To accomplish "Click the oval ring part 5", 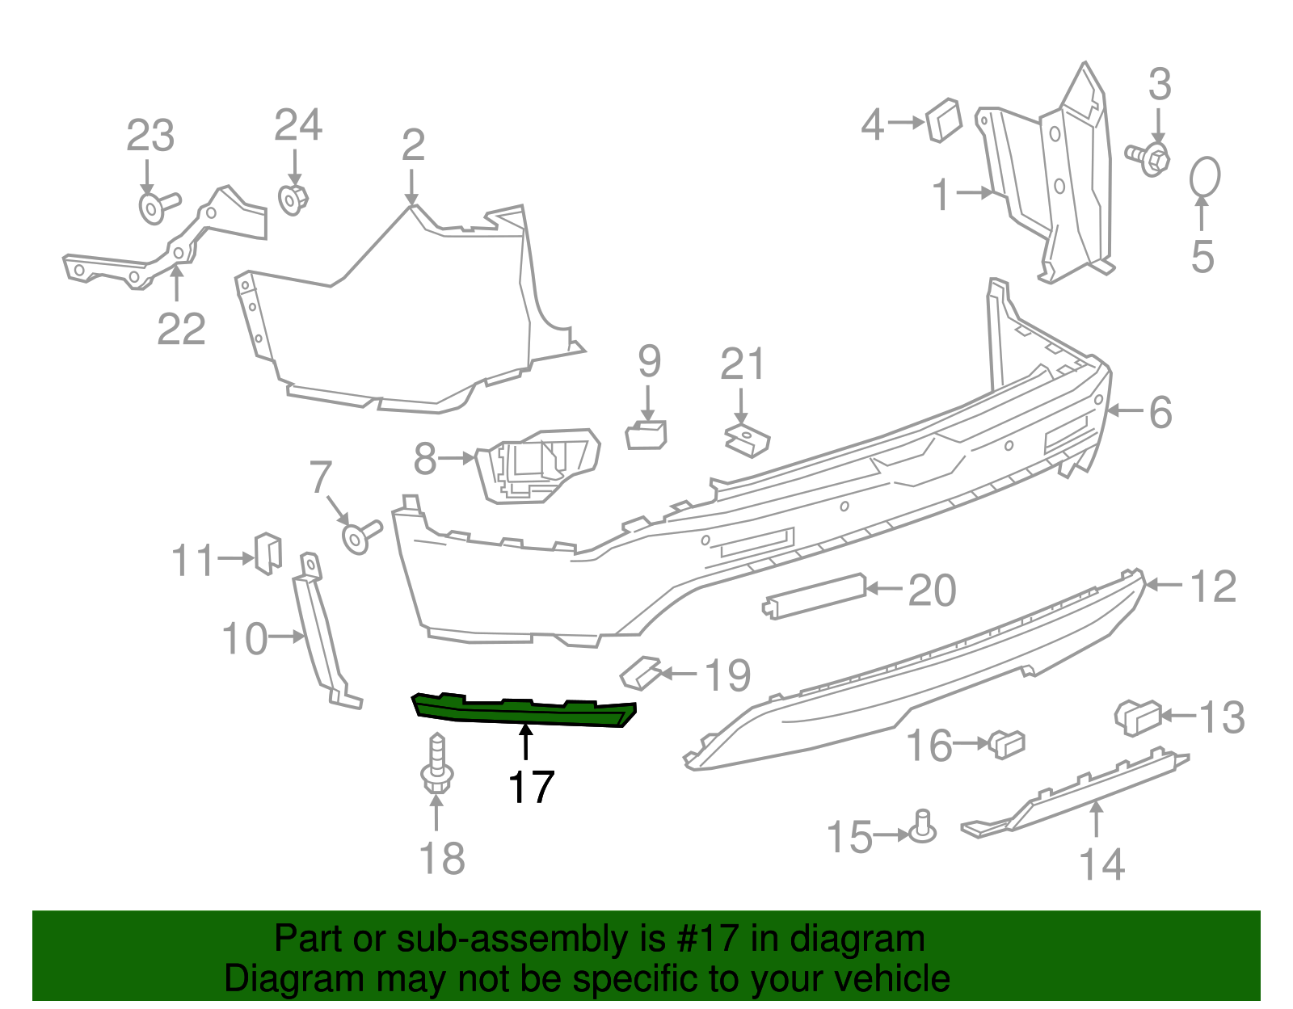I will (1205, 176).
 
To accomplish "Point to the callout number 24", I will (297, 126).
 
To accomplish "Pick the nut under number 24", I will (293, 198).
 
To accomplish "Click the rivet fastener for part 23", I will (155, 206).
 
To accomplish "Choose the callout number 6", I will (1160, 413).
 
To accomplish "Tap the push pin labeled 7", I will (359, 537).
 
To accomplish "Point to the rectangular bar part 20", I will (815, 595).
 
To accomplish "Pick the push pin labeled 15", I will (923, 827).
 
